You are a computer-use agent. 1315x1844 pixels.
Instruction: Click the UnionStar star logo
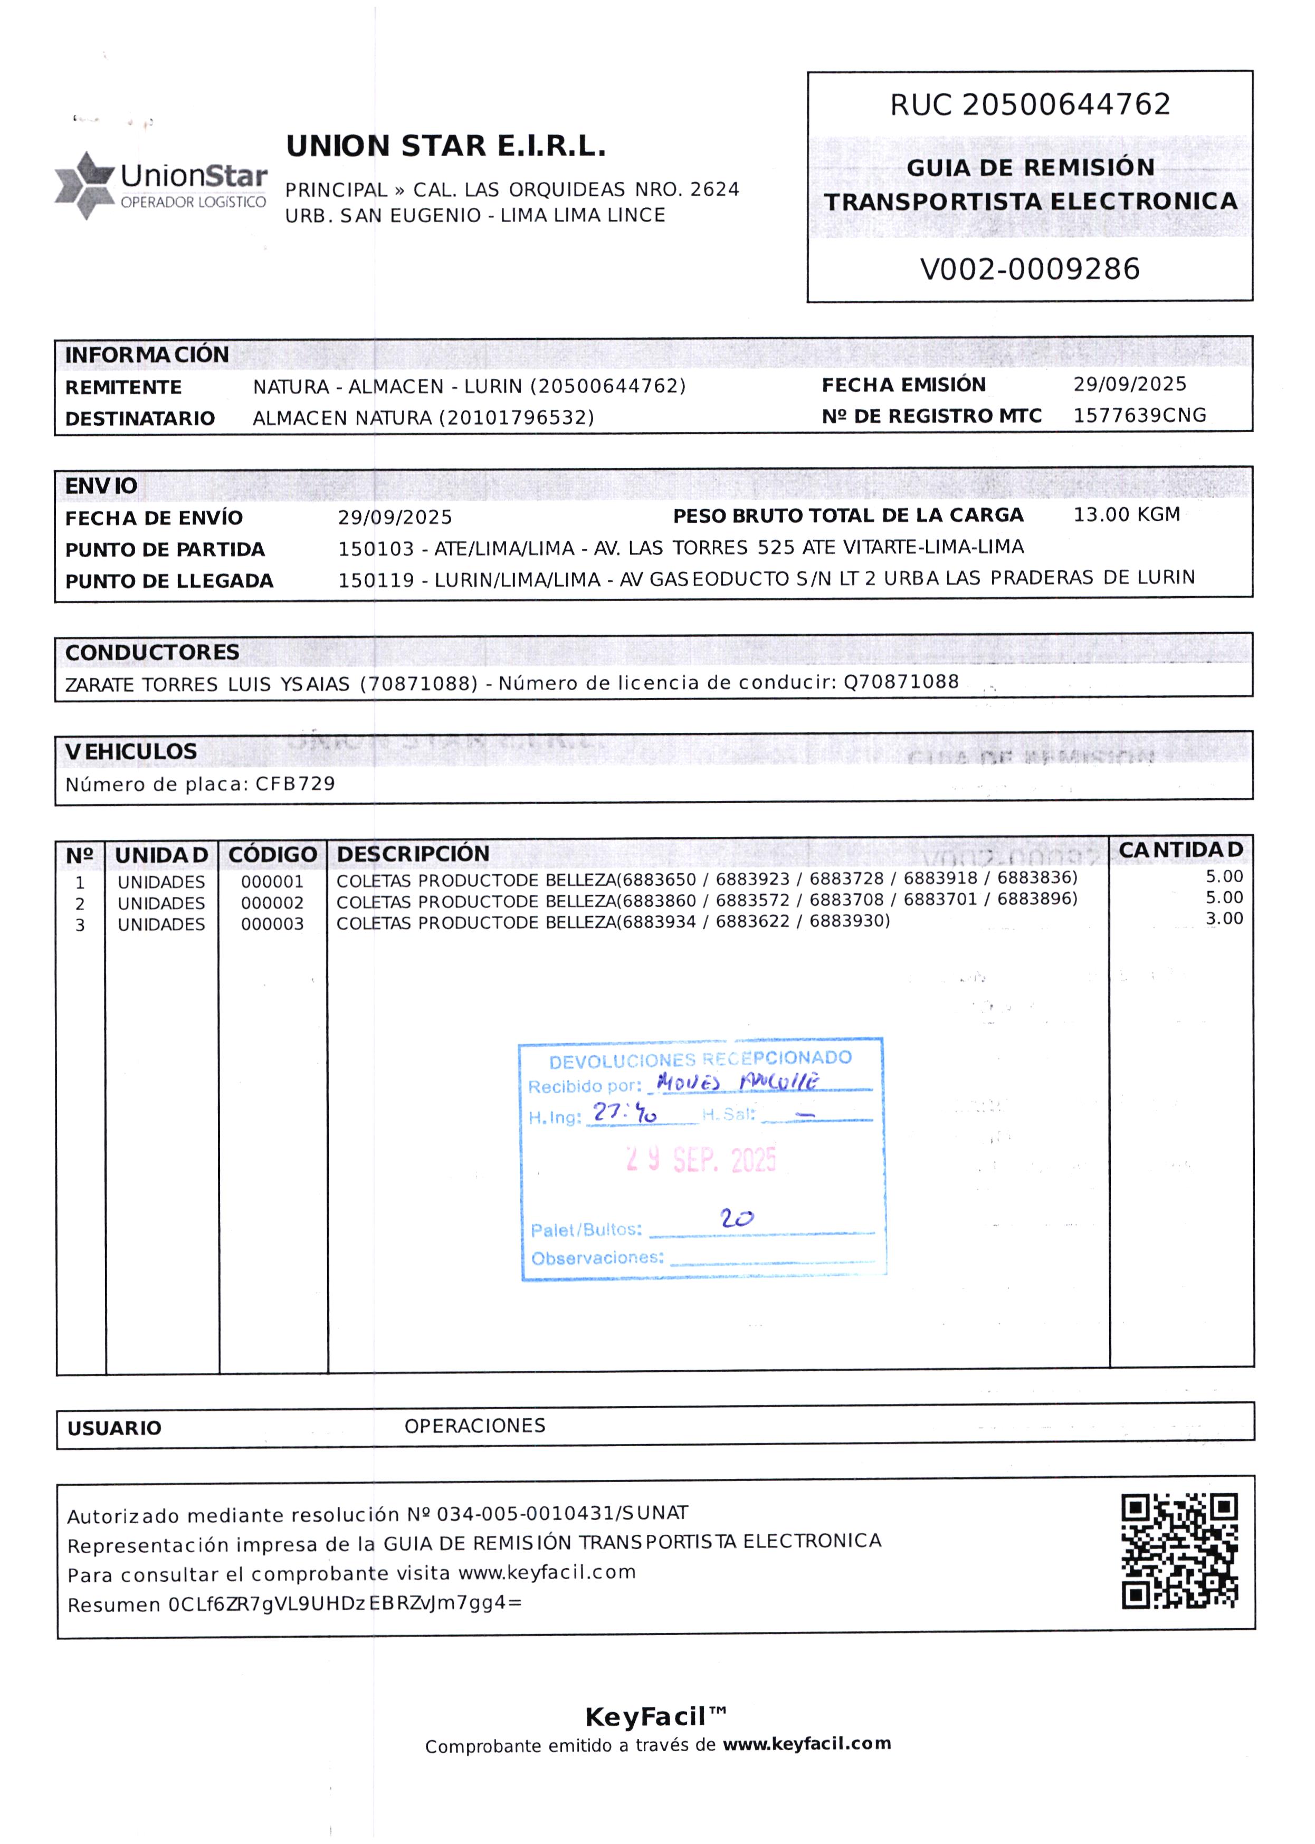[x=84, y=185]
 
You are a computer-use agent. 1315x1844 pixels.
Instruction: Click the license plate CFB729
[x=295, y=784]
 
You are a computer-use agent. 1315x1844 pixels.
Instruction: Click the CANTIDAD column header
[x=1180, y=850]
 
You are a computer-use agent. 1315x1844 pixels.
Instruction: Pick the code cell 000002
[x=272, y=903]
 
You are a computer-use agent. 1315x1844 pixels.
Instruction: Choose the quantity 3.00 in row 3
[x=1224, y=919]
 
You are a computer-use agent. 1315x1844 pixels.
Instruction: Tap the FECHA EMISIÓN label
[x=903, y=385]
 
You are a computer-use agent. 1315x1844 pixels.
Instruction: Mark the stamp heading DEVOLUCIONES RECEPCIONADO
[x=700, y=1059]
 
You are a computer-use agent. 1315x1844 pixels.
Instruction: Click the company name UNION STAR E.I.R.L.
[x=445, y=147]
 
